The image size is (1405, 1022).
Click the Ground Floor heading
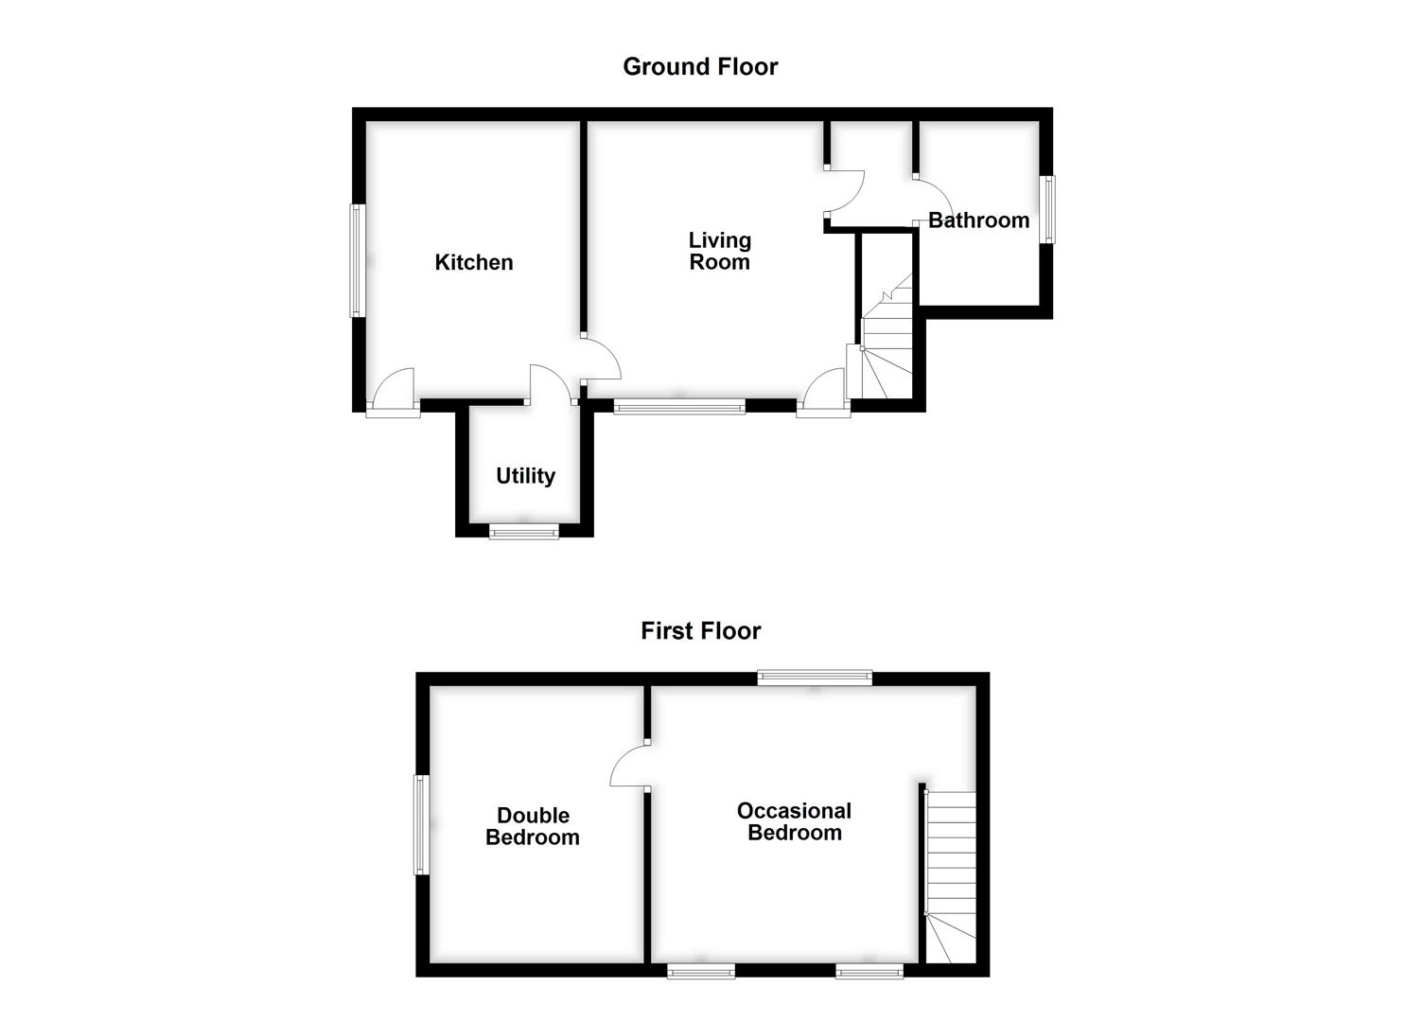[700, 66]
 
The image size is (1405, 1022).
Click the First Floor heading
[700, 630]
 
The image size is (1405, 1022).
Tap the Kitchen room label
[473, 262]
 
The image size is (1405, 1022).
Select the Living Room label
[719, 252]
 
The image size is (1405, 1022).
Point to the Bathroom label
[978, 220]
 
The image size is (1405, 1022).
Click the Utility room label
[525, 476]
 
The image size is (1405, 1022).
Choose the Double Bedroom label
[533, 826]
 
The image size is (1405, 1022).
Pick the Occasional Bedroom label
[794, 821]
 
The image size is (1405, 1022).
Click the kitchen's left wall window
[357, 260]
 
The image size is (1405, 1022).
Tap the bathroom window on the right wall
[1048, 209]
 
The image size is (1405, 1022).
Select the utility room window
[524, 532]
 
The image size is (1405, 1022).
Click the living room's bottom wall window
[679, 407]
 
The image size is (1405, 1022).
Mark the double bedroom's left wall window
[421, 825]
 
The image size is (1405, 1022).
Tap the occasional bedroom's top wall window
[815, 677]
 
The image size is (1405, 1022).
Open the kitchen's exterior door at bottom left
[394, 393]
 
